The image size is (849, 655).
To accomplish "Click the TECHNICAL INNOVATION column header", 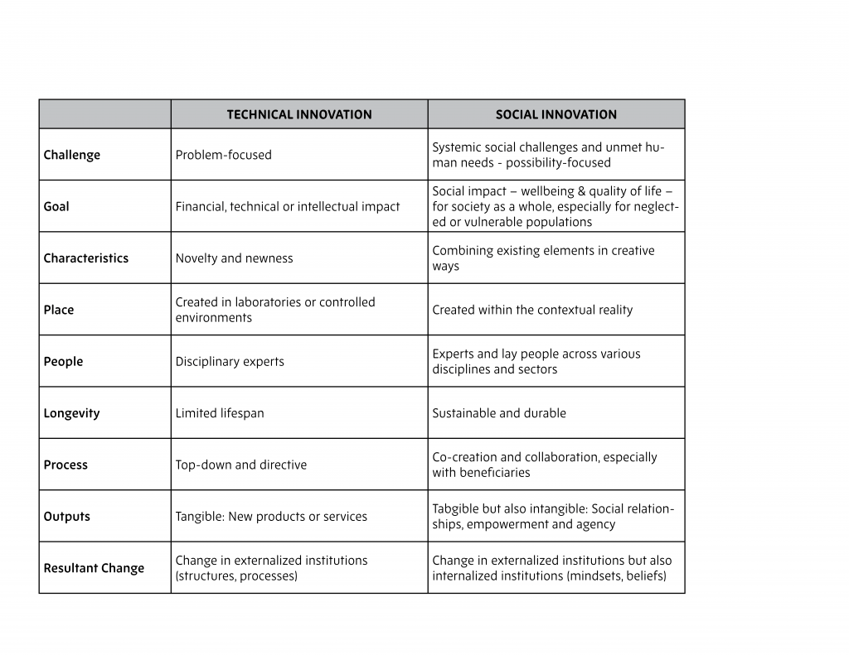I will tap(299, 115).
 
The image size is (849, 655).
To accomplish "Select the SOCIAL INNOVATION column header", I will tap(555, 115).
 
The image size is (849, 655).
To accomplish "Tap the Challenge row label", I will tap(72, 155).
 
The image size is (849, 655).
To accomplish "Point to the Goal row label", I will tap(56, 206).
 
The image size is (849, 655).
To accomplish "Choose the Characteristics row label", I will tap(86, 258).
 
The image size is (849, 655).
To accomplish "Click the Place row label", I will tap(59, 310).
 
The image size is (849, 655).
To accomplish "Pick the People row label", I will tap(63, 362).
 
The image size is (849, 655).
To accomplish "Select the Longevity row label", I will tap(71, 413).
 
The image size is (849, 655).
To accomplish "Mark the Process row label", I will tap(65, 465).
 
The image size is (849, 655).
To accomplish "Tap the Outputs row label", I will tap(67, 517).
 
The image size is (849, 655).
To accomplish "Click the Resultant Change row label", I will tap(94, 568).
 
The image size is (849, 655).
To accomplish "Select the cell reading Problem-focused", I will tap(223, 155).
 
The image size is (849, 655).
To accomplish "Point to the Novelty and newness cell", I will tap(234, 258).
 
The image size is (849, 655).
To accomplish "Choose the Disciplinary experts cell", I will tap(230, 362).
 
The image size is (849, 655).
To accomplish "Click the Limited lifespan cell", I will tap(220, 413).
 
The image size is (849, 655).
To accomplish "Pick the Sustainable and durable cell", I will tap(499, 413).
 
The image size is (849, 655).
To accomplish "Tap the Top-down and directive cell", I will tap(240, 465).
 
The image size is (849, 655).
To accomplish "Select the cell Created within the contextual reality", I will tap(532, 310).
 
